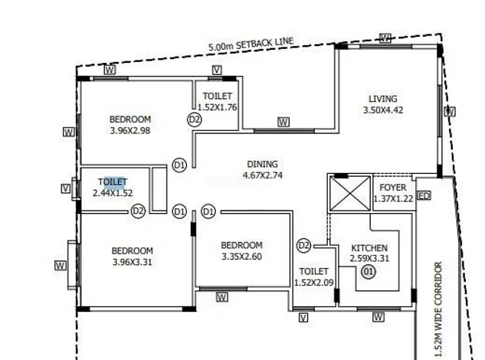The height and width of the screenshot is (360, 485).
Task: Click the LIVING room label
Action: coord(382,99)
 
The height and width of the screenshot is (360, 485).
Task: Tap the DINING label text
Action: coord(262,164)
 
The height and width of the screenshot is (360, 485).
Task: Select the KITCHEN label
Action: coord(369,248)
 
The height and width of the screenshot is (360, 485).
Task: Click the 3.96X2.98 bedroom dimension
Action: coord(130,130)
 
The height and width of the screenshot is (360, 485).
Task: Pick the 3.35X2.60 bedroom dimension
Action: coord(241,257)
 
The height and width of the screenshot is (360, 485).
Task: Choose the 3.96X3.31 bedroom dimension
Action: coord(132,262)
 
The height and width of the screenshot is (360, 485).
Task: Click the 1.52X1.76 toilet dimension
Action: coord(218,107)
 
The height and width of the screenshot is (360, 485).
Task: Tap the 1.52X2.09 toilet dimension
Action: coord(313,283)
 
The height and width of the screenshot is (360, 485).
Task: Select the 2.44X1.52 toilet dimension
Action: coord(113,193)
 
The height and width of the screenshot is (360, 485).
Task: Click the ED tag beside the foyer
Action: coord(424,196)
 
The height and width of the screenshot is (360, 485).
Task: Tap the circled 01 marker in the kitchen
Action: coord(369,271)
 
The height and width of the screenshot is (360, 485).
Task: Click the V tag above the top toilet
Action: coord(217,70)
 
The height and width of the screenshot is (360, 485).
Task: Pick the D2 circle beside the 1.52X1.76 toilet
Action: coord(194,119)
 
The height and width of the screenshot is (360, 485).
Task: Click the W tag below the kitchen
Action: coord(378,316)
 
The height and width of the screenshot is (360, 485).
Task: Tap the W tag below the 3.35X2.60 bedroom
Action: coord(222,296)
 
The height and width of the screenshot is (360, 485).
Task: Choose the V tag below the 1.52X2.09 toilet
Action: coord(303,317)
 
